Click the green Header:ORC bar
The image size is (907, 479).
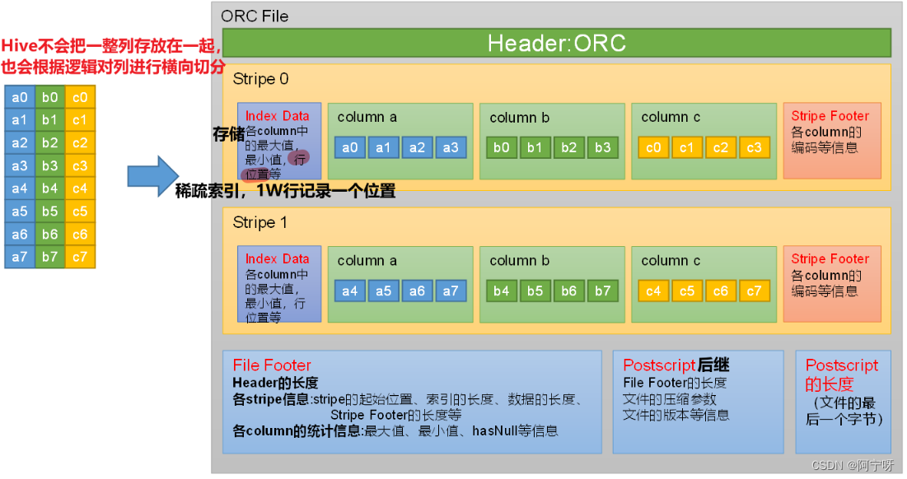557,43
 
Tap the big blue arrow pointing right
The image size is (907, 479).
152,175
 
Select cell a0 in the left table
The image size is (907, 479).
20,98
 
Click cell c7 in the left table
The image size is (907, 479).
80,257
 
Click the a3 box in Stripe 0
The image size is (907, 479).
451,147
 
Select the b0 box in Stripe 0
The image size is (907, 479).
502,147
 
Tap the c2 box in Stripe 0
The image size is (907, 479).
721,147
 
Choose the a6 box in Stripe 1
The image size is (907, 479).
417,291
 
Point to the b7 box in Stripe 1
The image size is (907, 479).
603,291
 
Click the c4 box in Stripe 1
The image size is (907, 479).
653,291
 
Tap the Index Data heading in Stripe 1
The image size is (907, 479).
277,258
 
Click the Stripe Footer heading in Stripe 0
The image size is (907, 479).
830,116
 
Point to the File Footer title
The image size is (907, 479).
272,365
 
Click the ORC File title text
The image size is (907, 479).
255,16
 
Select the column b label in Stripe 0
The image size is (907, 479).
519,118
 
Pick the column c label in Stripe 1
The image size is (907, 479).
671,261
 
